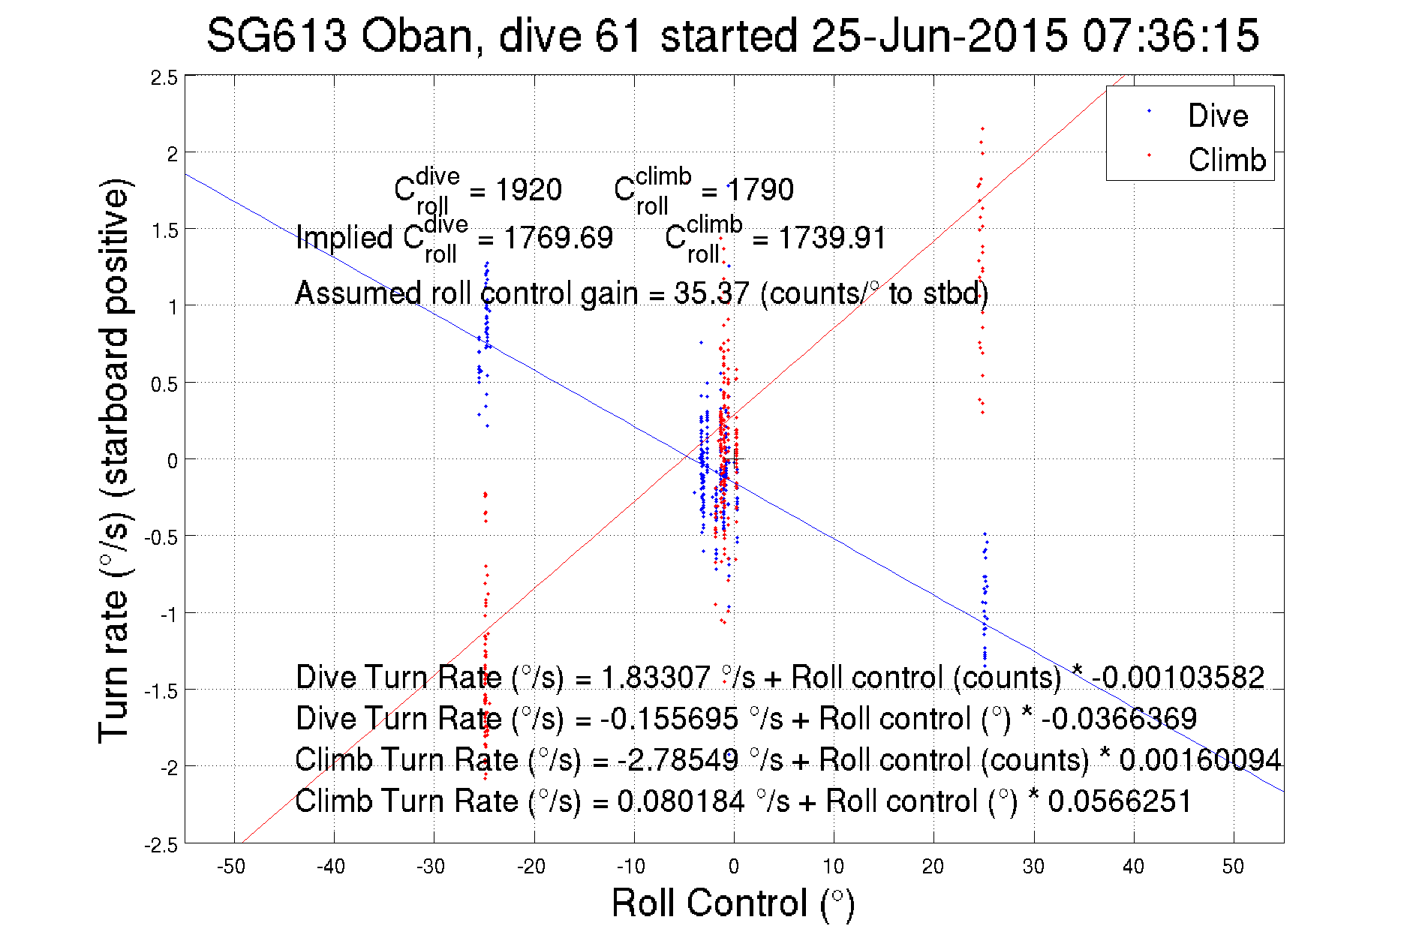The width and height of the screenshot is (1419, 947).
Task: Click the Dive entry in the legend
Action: coord(1217,116)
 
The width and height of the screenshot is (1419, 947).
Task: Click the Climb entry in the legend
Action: coord(1226,160)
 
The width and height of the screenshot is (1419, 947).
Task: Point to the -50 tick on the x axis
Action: coord(231,867)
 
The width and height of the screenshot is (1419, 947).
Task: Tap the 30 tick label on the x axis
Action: coord(1033,867)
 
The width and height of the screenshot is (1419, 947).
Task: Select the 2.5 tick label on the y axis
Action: coord(164,78)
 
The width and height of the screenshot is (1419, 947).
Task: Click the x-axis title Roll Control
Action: coord(732,903)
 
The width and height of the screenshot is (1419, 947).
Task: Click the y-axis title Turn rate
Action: coord(114,461)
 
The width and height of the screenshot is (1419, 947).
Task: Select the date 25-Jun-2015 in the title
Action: coord(939,36)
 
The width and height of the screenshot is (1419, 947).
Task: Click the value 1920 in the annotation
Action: coord(528,190)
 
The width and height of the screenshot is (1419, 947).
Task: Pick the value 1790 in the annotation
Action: coord(759,190)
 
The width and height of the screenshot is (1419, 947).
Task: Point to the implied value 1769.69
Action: coord(558,238)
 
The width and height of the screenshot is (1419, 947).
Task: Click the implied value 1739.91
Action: coord(831,238)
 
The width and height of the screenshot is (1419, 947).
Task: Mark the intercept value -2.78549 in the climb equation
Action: coord(678,760)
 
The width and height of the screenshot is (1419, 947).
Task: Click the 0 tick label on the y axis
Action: coord(173,461)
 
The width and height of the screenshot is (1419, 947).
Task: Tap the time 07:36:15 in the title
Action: coord(1170,36)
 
